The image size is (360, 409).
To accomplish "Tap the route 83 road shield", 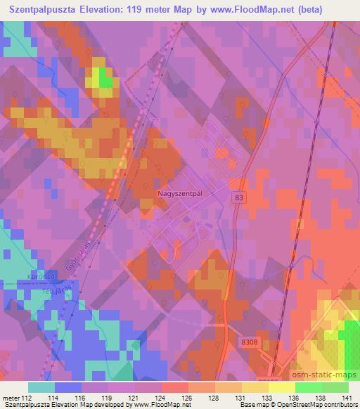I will pos(240,198).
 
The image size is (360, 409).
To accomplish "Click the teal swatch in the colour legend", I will pos(41,387).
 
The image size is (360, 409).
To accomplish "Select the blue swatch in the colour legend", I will pos(68,387).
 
